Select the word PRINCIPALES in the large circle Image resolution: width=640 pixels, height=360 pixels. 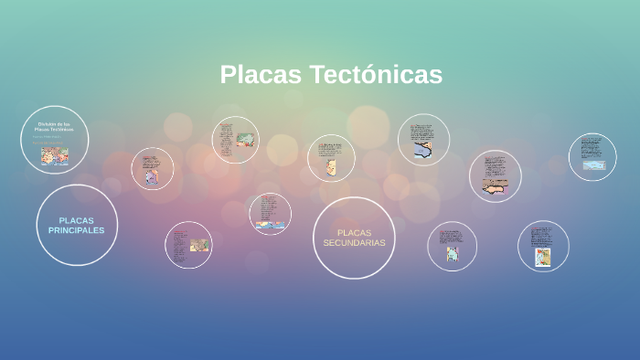[x=77, y=230]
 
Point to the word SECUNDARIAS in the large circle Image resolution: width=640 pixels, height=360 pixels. [x=354, y=243]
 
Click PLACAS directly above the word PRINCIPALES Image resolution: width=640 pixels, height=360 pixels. [x=77, y=220]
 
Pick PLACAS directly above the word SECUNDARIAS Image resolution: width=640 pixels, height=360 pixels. [x=354, y=232]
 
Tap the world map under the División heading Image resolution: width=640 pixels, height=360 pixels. [x=54, y=155]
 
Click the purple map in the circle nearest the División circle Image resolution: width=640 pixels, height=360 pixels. [x=151, y=176]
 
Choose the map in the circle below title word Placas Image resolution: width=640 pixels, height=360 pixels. [x=244, y=140]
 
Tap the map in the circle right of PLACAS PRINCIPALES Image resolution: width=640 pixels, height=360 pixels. [x=198, y=244]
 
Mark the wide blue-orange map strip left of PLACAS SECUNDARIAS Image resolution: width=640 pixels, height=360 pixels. [x=272, y=223]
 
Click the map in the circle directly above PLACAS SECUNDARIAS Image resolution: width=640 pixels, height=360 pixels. [x=331, y=166]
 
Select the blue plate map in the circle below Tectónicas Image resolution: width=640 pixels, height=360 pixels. [x=422, y=150]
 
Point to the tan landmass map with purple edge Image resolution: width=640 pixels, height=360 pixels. [x=495, y=186]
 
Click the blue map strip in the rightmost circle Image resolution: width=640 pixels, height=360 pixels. [x=593, y=165]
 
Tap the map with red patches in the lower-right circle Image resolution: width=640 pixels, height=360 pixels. [x=543, y=257]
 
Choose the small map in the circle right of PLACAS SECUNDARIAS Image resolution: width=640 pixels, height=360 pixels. [x=452, y=254]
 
